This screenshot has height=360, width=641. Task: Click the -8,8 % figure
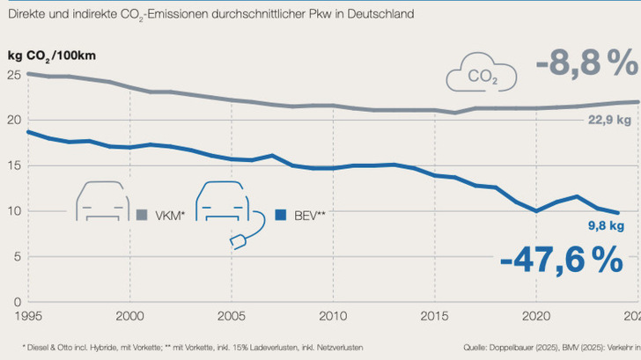coord(586,62)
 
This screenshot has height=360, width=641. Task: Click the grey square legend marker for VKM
coord(143,214)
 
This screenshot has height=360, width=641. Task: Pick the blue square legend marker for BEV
coord(280,214)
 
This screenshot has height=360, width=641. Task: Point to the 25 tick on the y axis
coord(13,76)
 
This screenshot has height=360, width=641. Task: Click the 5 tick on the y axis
coord(17,257)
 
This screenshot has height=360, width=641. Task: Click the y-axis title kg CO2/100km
coord(52,55)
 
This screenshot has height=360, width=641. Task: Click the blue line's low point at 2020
coord(535,211)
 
